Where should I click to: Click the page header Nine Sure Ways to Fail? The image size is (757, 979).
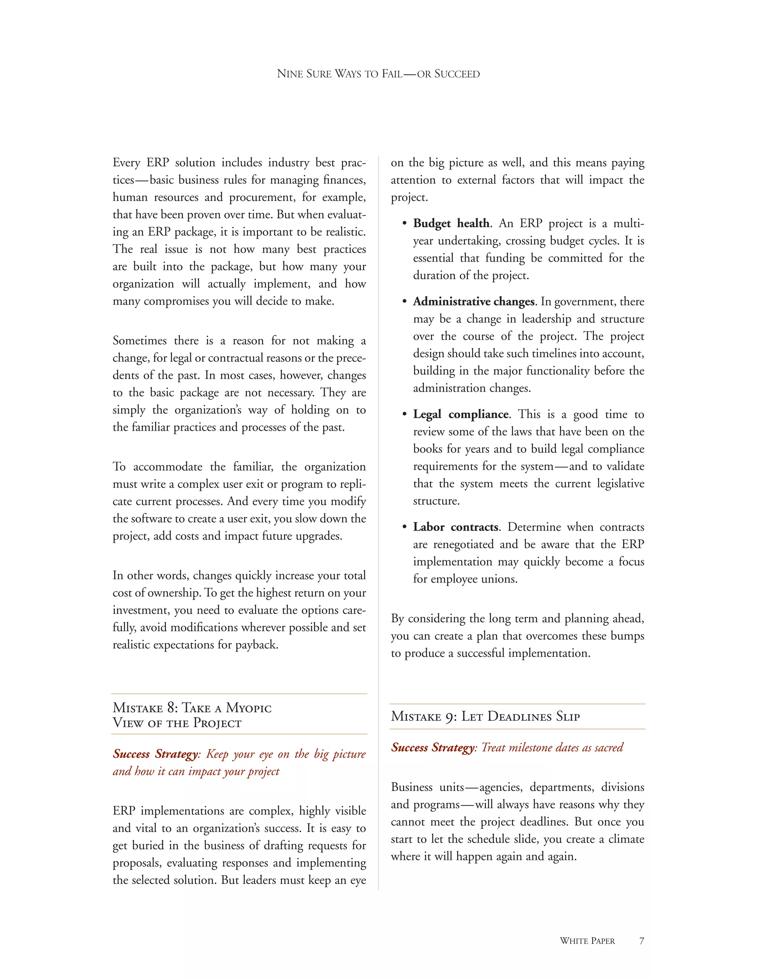pos(378,74)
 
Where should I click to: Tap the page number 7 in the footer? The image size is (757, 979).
pos(641,941)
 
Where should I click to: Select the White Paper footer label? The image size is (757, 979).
pos(587,941)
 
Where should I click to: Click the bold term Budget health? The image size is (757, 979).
pos(452,223)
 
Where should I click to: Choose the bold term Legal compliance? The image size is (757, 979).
pos(461,414)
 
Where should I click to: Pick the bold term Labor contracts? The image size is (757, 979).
pos(456,527)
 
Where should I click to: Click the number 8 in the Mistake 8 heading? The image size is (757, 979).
pos(172,708)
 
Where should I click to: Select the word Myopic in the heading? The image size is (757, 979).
pos(248,708)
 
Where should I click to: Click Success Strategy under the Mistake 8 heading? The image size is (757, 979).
pos(155,754)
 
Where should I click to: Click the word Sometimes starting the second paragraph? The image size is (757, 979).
pos(139,341)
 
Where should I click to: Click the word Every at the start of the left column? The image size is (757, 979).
pos(126,162)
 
